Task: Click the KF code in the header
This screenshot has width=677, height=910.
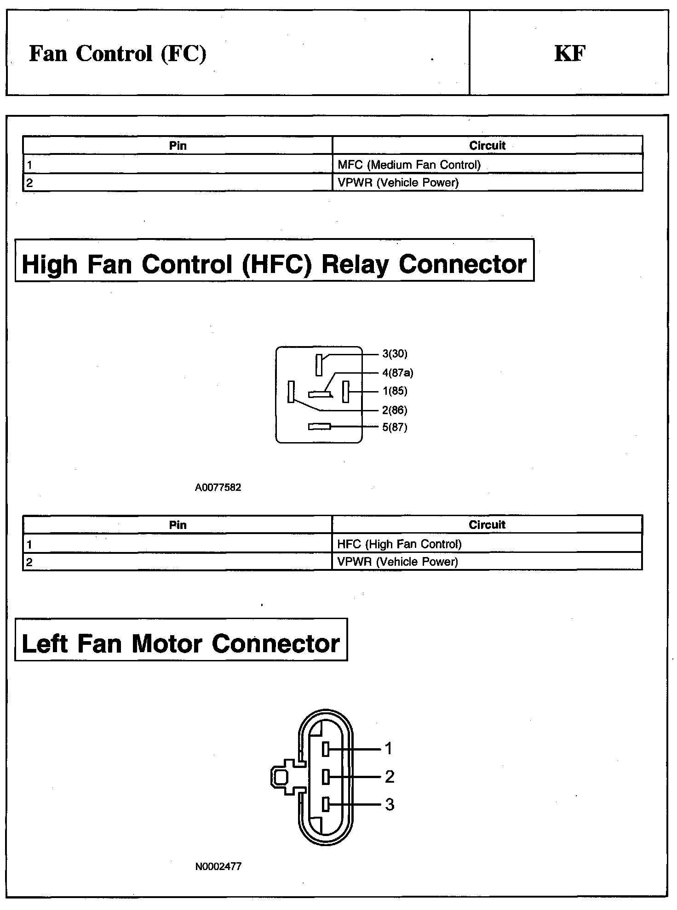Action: tap(569, 53)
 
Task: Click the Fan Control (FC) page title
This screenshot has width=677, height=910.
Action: tap(118, 53)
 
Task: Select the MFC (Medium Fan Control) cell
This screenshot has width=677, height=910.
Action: tap(409, 165)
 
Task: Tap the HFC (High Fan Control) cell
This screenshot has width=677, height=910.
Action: tap(399, 544)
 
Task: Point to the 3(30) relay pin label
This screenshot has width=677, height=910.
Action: tap(395, 354)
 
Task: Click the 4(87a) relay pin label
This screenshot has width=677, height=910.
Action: tap(397, 373)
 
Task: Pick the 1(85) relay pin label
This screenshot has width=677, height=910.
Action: tap(395, 391)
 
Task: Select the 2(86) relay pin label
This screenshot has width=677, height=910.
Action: tap(395, 410)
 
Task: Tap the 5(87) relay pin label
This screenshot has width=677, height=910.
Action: tap(395, 427)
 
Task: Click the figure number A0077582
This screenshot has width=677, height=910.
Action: tap(218, 488)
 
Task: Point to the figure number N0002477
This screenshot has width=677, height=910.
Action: tap(218, 867)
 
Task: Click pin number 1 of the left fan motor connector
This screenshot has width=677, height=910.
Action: tap(389, 749)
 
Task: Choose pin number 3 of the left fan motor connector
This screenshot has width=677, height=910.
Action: tap(390, 805)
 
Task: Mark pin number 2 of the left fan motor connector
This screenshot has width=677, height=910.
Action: tap(390, 777)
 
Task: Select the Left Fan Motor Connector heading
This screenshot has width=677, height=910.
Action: tap(181, 643)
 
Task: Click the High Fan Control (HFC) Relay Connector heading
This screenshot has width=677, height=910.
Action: tap(274, 264)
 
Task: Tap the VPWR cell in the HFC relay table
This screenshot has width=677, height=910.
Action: tap(397, 562)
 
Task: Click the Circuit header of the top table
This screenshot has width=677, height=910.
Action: tap(487, 146)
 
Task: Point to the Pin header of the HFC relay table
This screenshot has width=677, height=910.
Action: tap(178, 525)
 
